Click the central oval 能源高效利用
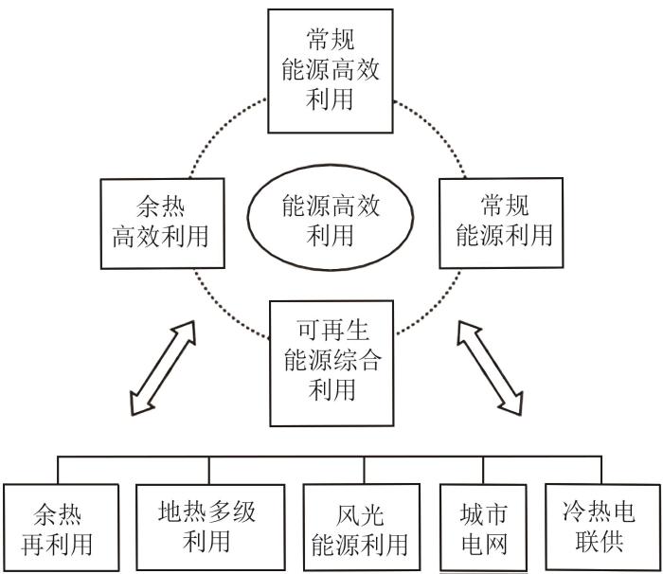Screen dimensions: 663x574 point(331,218)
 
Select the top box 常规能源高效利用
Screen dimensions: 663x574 point(331,71)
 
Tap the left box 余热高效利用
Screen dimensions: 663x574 point(162,224)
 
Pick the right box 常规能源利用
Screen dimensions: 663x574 point(501,223)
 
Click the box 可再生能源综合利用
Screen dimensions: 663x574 point(331,364)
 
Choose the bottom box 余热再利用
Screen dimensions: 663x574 point(61,528)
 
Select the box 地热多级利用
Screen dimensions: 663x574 point(210,527)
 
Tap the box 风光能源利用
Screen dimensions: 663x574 point(362,528)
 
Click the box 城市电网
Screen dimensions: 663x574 point(483,528)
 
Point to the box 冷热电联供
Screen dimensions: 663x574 point(602,527)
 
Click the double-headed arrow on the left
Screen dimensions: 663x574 point(163,368)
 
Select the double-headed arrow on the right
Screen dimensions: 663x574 point(490,368)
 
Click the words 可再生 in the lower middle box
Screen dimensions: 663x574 point(332,331)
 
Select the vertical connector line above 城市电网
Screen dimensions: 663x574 point(483,471)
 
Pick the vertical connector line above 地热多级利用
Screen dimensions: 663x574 point(209,471)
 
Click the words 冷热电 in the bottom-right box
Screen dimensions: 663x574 point(599,511)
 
